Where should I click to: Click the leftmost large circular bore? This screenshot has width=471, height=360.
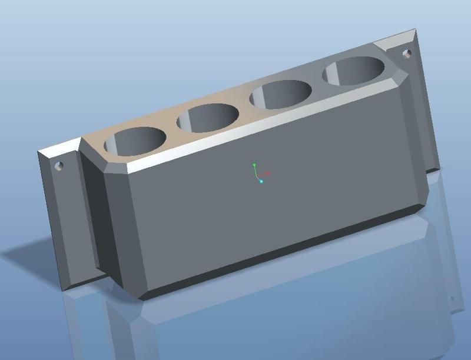point(135,141)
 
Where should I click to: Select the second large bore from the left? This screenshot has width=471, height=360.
point(208,118)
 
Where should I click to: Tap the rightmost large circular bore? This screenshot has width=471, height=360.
point(354,71)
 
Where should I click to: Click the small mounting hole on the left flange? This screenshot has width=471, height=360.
point(59,165)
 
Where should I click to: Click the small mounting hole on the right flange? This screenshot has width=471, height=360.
point(406,54)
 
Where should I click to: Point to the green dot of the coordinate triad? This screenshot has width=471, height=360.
point(254,165)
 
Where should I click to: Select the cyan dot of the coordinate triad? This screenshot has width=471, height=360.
point(261,181)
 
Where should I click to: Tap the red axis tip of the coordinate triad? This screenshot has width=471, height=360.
point(268,174)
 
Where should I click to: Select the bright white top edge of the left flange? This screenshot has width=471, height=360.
point(59,146)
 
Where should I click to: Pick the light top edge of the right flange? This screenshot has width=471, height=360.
point(394,36)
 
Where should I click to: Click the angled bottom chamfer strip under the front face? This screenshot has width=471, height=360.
point(283,250)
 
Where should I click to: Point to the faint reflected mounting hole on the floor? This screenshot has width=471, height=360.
point(452,299)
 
